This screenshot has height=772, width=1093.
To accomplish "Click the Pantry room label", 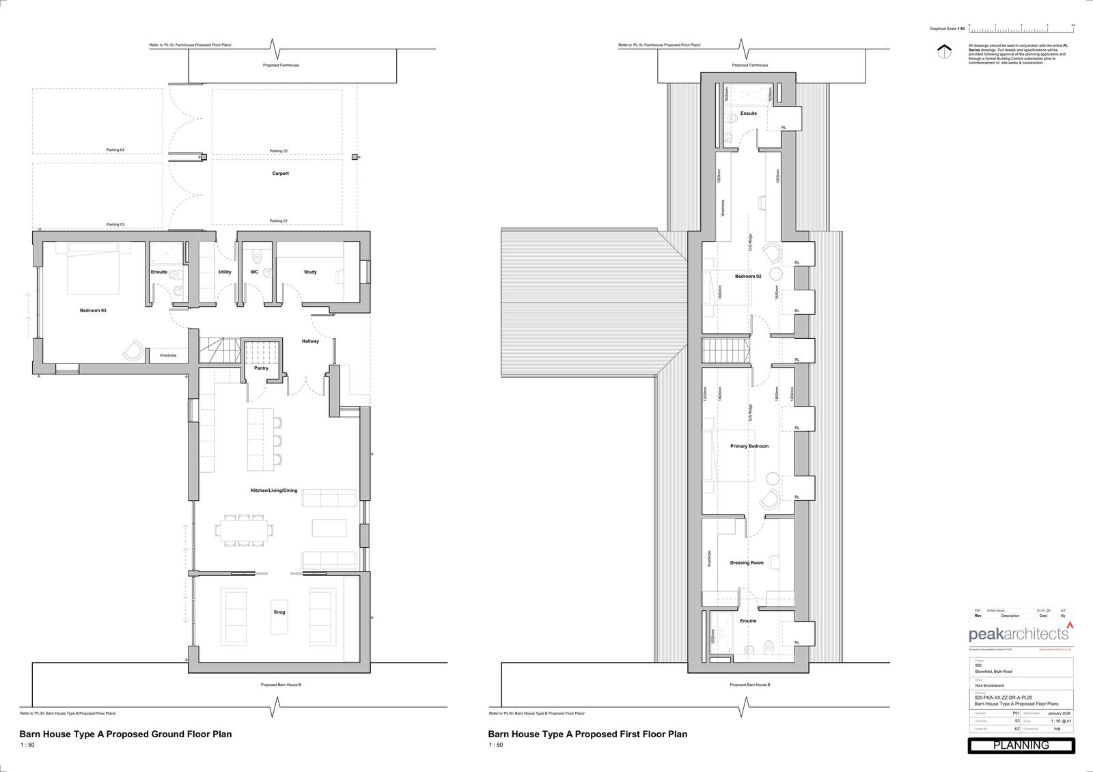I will tap(261, 368).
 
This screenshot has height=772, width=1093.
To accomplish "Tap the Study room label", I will tap(310, 272).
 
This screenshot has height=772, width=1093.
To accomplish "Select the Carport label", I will tap(280, 174).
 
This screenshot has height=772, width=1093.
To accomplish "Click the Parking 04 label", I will tap(115, 150).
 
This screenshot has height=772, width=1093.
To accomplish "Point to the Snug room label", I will tap(279, 612).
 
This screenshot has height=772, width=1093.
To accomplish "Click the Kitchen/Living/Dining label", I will tap(274, 491).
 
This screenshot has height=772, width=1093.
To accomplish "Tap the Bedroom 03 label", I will tap(93, 310).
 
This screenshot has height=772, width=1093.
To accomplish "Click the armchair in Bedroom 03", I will tap(134, 350).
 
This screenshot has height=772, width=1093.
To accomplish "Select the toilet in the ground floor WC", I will tap(257, 257).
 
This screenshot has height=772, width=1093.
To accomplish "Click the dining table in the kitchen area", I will tap(244, 529).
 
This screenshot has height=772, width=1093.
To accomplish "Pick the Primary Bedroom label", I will tap(749, 446).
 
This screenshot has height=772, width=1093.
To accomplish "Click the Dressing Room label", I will tap(747, 563).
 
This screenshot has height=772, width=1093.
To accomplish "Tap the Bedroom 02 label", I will tap(748, 276).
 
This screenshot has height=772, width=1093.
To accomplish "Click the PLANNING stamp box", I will tap(1021, 745).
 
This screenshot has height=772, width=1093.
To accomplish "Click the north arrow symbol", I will tap(945, 52).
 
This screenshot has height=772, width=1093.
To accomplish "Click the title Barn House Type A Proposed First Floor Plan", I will tap(587, 734).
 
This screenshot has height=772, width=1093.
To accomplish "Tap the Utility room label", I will tap(225, 272).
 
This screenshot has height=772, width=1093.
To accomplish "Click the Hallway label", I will tap(310, 342).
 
